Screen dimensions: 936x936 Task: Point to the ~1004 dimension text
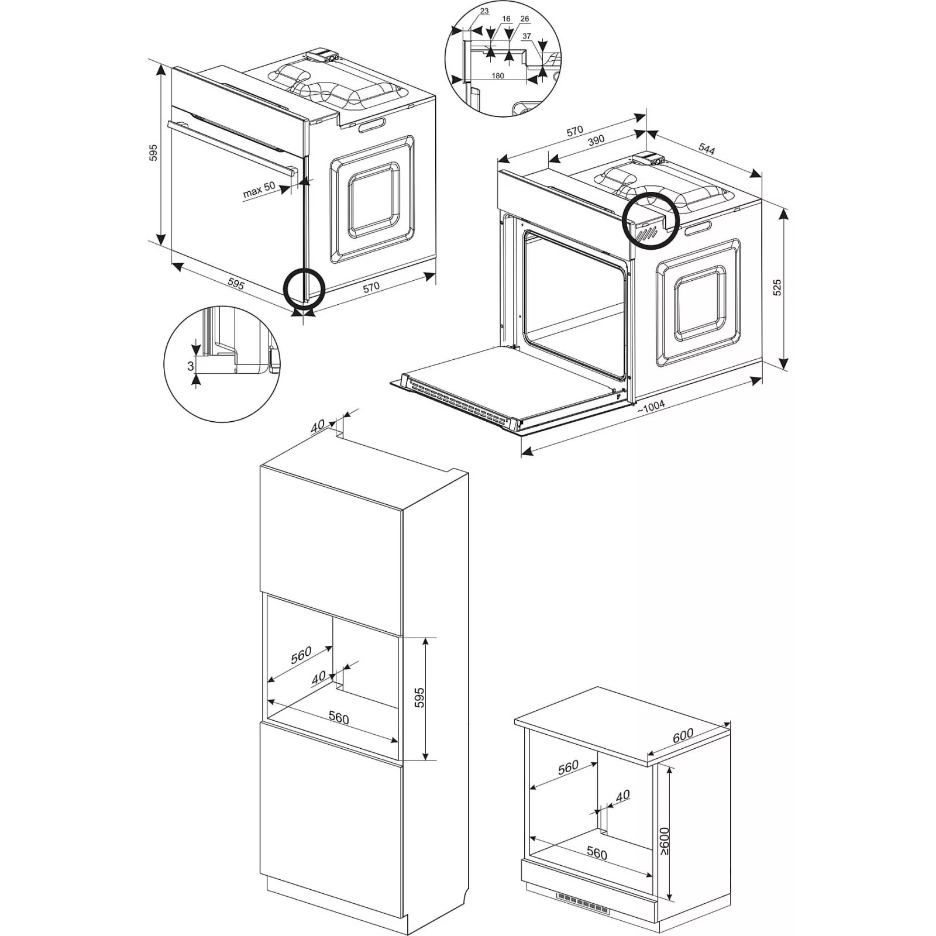tap(651, 408)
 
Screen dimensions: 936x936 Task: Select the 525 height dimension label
tap(777, 287)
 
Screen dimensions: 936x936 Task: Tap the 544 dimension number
tap(707, 149)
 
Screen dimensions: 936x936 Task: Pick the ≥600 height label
tap(665, 842)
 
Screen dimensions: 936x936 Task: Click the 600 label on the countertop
tap(683, 735)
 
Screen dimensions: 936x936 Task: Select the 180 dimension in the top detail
tap(497, 75)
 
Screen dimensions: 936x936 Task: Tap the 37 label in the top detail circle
tap(526, 36)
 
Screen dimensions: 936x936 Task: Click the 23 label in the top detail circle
tap(484, 11)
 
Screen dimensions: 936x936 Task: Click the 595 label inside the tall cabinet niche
tap(419, 698)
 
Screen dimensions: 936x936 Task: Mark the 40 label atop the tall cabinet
tap(318, 426)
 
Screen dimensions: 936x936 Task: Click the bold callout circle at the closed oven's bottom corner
tap(304, 288)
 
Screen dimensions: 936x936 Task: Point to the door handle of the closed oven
tap(232, 146)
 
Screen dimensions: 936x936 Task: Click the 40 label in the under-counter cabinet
tap(623, 796)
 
